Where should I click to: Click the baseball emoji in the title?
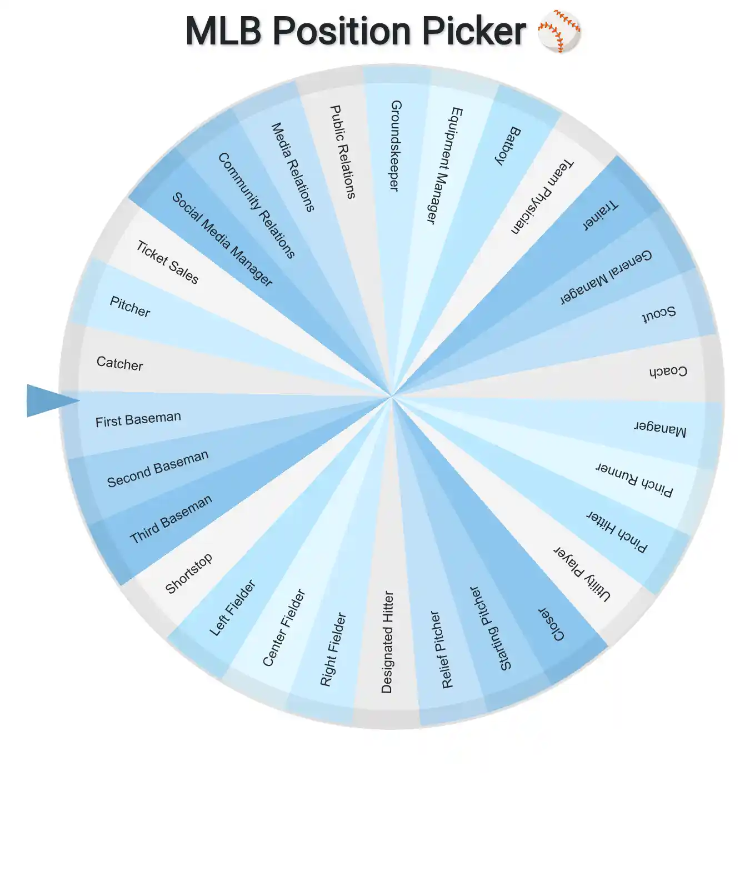[x=559, y=31]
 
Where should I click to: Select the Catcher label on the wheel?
[x=119, y=363]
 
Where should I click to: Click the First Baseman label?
[x=138, y=419]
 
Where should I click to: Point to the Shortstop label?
[x=189, y=573]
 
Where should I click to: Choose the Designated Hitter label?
[x=387, y=642]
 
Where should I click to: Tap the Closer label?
[x=551, y=624]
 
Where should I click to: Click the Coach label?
[x=668, y=371]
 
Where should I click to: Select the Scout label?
[x=659, y=314]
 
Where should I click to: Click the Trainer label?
[x=600, y=215]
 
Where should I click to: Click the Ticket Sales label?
[x=167, y=262]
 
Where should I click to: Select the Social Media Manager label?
[x=222, y=239]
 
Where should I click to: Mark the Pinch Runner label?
[x=634, y=479]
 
